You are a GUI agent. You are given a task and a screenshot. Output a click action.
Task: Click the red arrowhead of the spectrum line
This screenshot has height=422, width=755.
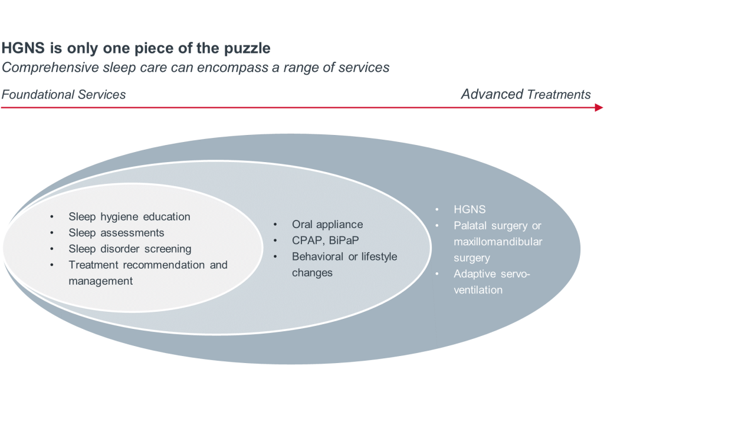(599, 108)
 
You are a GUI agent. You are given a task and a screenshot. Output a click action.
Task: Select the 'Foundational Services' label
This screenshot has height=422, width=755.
(64, 94)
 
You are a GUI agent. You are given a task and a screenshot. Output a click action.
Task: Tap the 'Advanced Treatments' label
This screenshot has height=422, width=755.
(526, 94)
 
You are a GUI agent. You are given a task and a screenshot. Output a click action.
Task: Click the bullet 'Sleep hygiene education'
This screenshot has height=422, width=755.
(129, 216)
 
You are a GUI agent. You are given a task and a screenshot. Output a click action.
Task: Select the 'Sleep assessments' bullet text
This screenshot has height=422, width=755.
(116, 233)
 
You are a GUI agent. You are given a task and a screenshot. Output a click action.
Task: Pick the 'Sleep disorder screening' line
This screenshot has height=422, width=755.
(130, 249)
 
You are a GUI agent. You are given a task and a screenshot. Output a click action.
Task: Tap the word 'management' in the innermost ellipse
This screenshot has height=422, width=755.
(100, 281)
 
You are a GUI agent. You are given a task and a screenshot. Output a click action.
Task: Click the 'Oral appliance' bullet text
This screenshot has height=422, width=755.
(327, 225)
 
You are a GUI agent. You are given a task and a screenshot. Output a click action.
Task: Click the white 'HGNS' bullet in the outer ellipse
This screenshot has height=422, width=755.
(469, 209)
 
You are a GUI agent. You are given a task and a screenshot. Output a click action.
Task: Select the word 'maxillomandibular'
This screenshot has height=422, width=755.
(498, 242)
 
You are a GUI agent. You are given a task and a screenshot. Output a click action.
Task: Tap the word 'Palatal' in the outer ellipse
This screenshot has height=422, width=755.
(471, 225)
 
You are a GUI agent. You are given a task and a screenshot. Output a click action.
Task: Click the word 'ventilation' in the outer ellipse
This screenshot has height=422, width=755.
(478, 290)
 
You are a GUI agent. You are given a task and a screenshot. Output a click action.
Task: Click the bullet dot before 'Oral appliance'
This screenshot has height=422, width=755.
(275, 225)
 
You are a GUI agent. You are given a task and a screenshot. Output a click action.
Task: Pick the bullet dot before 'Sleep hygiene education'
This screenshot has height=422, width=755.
(52, 216)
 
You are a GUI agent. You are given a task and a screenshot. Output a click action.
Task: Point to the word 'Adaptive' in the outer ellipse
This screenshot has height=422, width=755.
(474, 273)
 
